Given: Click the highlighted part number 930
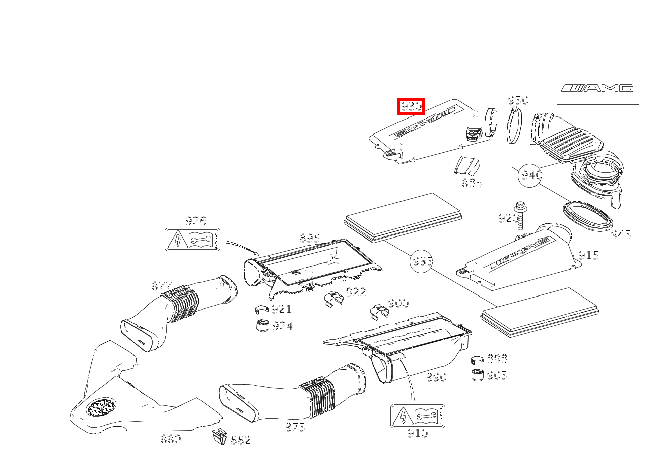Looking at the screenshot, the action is click(411, 106).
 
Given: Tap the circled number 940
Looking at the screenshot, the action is click(531, 175).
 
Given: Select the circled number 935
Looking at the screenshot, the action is click(422, 261).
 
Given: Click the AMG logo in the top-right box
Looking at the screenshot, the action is click(597, 88).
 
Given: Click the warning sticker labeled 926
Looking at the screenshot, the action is click(192, 239).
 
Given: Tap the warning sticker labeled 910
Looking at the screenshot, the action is click(418, 416).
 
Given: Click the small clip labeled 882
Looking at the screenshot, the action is click(220, 437).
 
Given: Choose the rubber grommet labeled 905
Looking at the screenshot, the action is click(477, 375).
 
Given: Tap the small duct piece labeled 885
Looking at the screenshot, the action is click(466, 166).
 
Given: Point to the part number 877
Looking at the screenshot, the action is click(162, 286).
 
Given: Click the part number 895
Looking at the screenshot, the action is click(310, 238).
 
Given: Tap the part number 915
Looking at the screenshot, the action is click(588, 255).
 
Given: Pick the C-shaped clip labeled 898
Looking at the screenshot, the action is click(477, 359).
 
